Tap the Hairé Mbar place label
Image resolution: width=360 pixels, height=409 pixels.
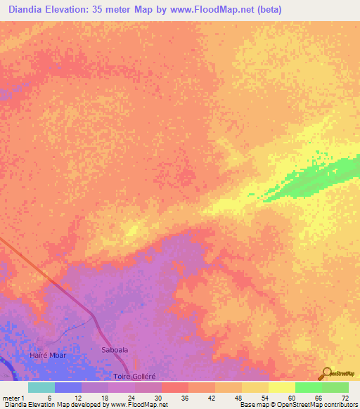(49, 356)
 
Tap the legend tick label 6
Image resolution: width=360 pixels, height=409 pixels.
(49, 398)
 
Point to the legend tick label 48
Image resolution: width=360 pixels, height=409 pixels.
(238, 398)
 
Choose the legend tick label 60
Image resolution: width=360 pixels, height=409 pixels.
(291, 398)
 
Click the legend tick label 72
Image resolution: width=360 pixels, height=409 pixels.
(345, 398)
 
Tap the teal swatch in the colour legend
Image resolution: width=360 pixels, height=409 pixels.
(41, 387)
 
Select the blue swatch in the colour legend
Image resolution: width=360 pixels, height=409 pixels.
(68, 387)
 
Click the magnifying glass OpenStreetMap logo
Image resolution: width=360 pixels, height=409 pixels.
(326, 373)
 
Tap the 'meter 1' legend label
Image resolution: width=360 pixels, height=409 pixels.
(13, 398)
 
